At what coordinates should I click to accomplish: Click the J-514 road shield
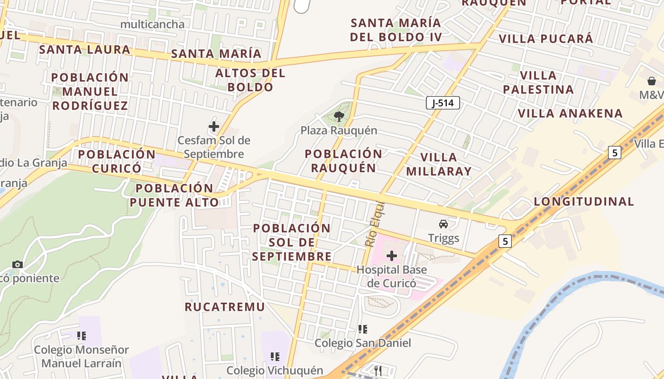pos(443,103)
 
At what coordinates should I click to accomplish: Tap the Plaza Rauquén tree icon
pos(339,117)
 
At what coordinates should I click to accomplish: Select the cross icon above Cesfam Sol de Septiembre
pos(214,126)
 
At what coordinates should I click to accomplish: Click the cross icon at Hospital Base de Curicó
pos(392,256)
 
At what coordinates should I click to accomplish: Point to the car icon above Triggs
pos(443,224)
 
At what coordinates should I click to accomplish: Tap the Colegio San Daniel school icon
pos(363,329)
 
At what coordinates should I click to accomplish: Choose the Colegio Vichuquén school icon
pos(275,356)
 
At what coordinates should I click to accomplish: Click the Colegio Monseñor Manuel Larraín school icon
pos(82,336)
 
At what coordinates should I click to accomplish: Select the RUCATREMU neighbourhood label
pos(225,307)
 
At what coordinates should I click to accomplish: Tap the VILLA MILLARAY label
pos(439,164)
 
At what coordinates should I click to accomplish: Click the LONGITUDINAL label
pos(584,201)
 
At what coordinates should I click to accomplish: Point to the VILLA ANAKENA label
pos(570,113)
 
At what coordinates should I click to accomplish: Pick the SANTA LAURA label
pos(85,49)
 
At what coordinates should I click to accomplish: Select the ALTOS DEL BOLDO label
pos(250,80)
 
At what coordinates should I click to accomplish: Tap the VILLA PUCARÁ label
pos(546,38)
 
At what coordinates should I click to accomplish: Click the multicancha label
pos(152,24)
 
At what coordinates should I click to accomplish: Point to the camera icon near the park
pos(18,264)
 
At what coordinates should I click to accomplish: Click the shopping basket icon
pos(652,81)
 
